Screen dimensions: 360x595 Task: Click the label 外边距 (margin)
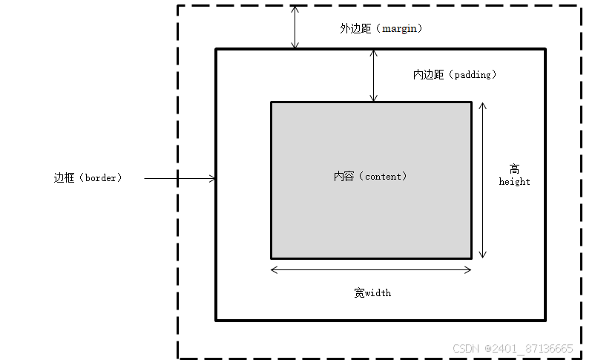[381, 28]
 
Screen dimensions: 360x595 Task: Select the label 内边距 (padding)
[455, 75]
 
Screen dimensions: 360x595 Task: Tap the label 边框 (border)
[88, 178]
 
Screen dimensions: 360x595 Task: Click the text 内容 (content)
[370, 177]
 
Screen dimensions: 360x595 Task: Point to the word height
[514, 182]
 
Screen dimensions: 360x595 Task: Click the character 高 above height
[514, 168]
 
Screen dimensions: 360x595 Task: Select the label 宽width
[372, 292]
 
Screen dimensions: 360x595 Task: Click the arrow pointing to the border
[180, 178]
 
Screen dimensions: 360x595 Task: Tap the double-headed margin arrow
[295, 27]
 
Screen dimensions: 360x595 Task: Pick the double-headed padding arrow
[374, 76]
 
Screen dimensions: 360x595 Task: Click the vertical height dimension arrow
[483, 180]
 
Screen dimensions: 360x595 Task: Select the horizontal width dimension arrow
[371, 269]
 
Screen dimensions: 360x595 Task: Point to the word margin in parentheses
[401, 28]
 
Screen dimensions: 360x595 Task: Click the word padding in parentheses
[475, 75]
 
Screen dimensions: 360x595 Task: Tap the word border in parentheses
[102, 178]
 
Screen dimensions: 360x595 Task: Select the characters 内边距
[429, 75]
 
